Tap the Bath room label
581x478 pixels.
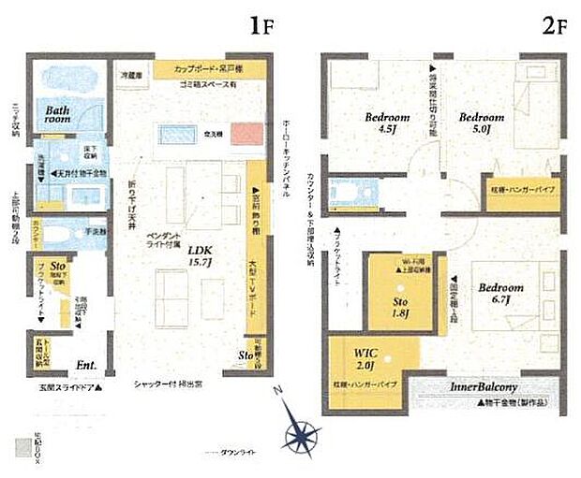tap(58, 114)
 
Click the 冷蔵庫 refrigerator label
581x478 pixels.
tap(130, 72)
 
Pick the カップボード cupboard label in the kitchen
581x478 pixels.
tap(211, 68)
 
